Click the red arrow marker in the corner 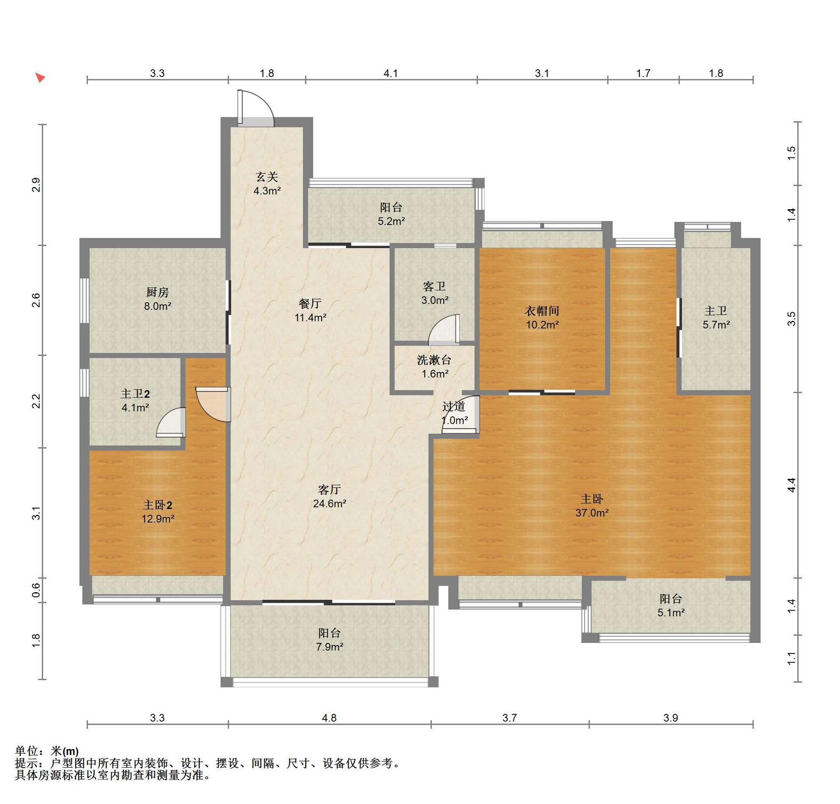coord(40,78)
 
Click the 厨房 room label coord(157,292)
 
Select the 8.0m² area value coord(157,306)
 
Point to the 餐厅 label coord(310,303)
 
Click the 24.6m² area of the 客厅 coord(329,503)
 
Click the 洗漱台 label coord(434,360)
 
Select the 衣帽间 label coord(542,311)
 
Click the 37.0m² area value coord(592,513)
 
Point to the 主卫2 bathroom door coord(171,422)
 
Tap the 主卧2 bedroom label coord(157,505)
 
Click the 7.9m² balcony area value coord(329,646)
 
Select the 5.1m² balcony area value coord(671,612)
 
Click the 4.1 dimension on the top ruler coord(391,73)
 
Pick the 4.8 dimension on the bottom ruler coord(329,718)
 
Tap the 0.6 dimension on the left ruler coord(36,590)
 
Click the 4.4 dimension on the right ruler coord(791,485)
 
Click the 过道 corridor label coord(453,406)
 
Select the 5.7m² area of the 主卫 coord(716,325)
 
